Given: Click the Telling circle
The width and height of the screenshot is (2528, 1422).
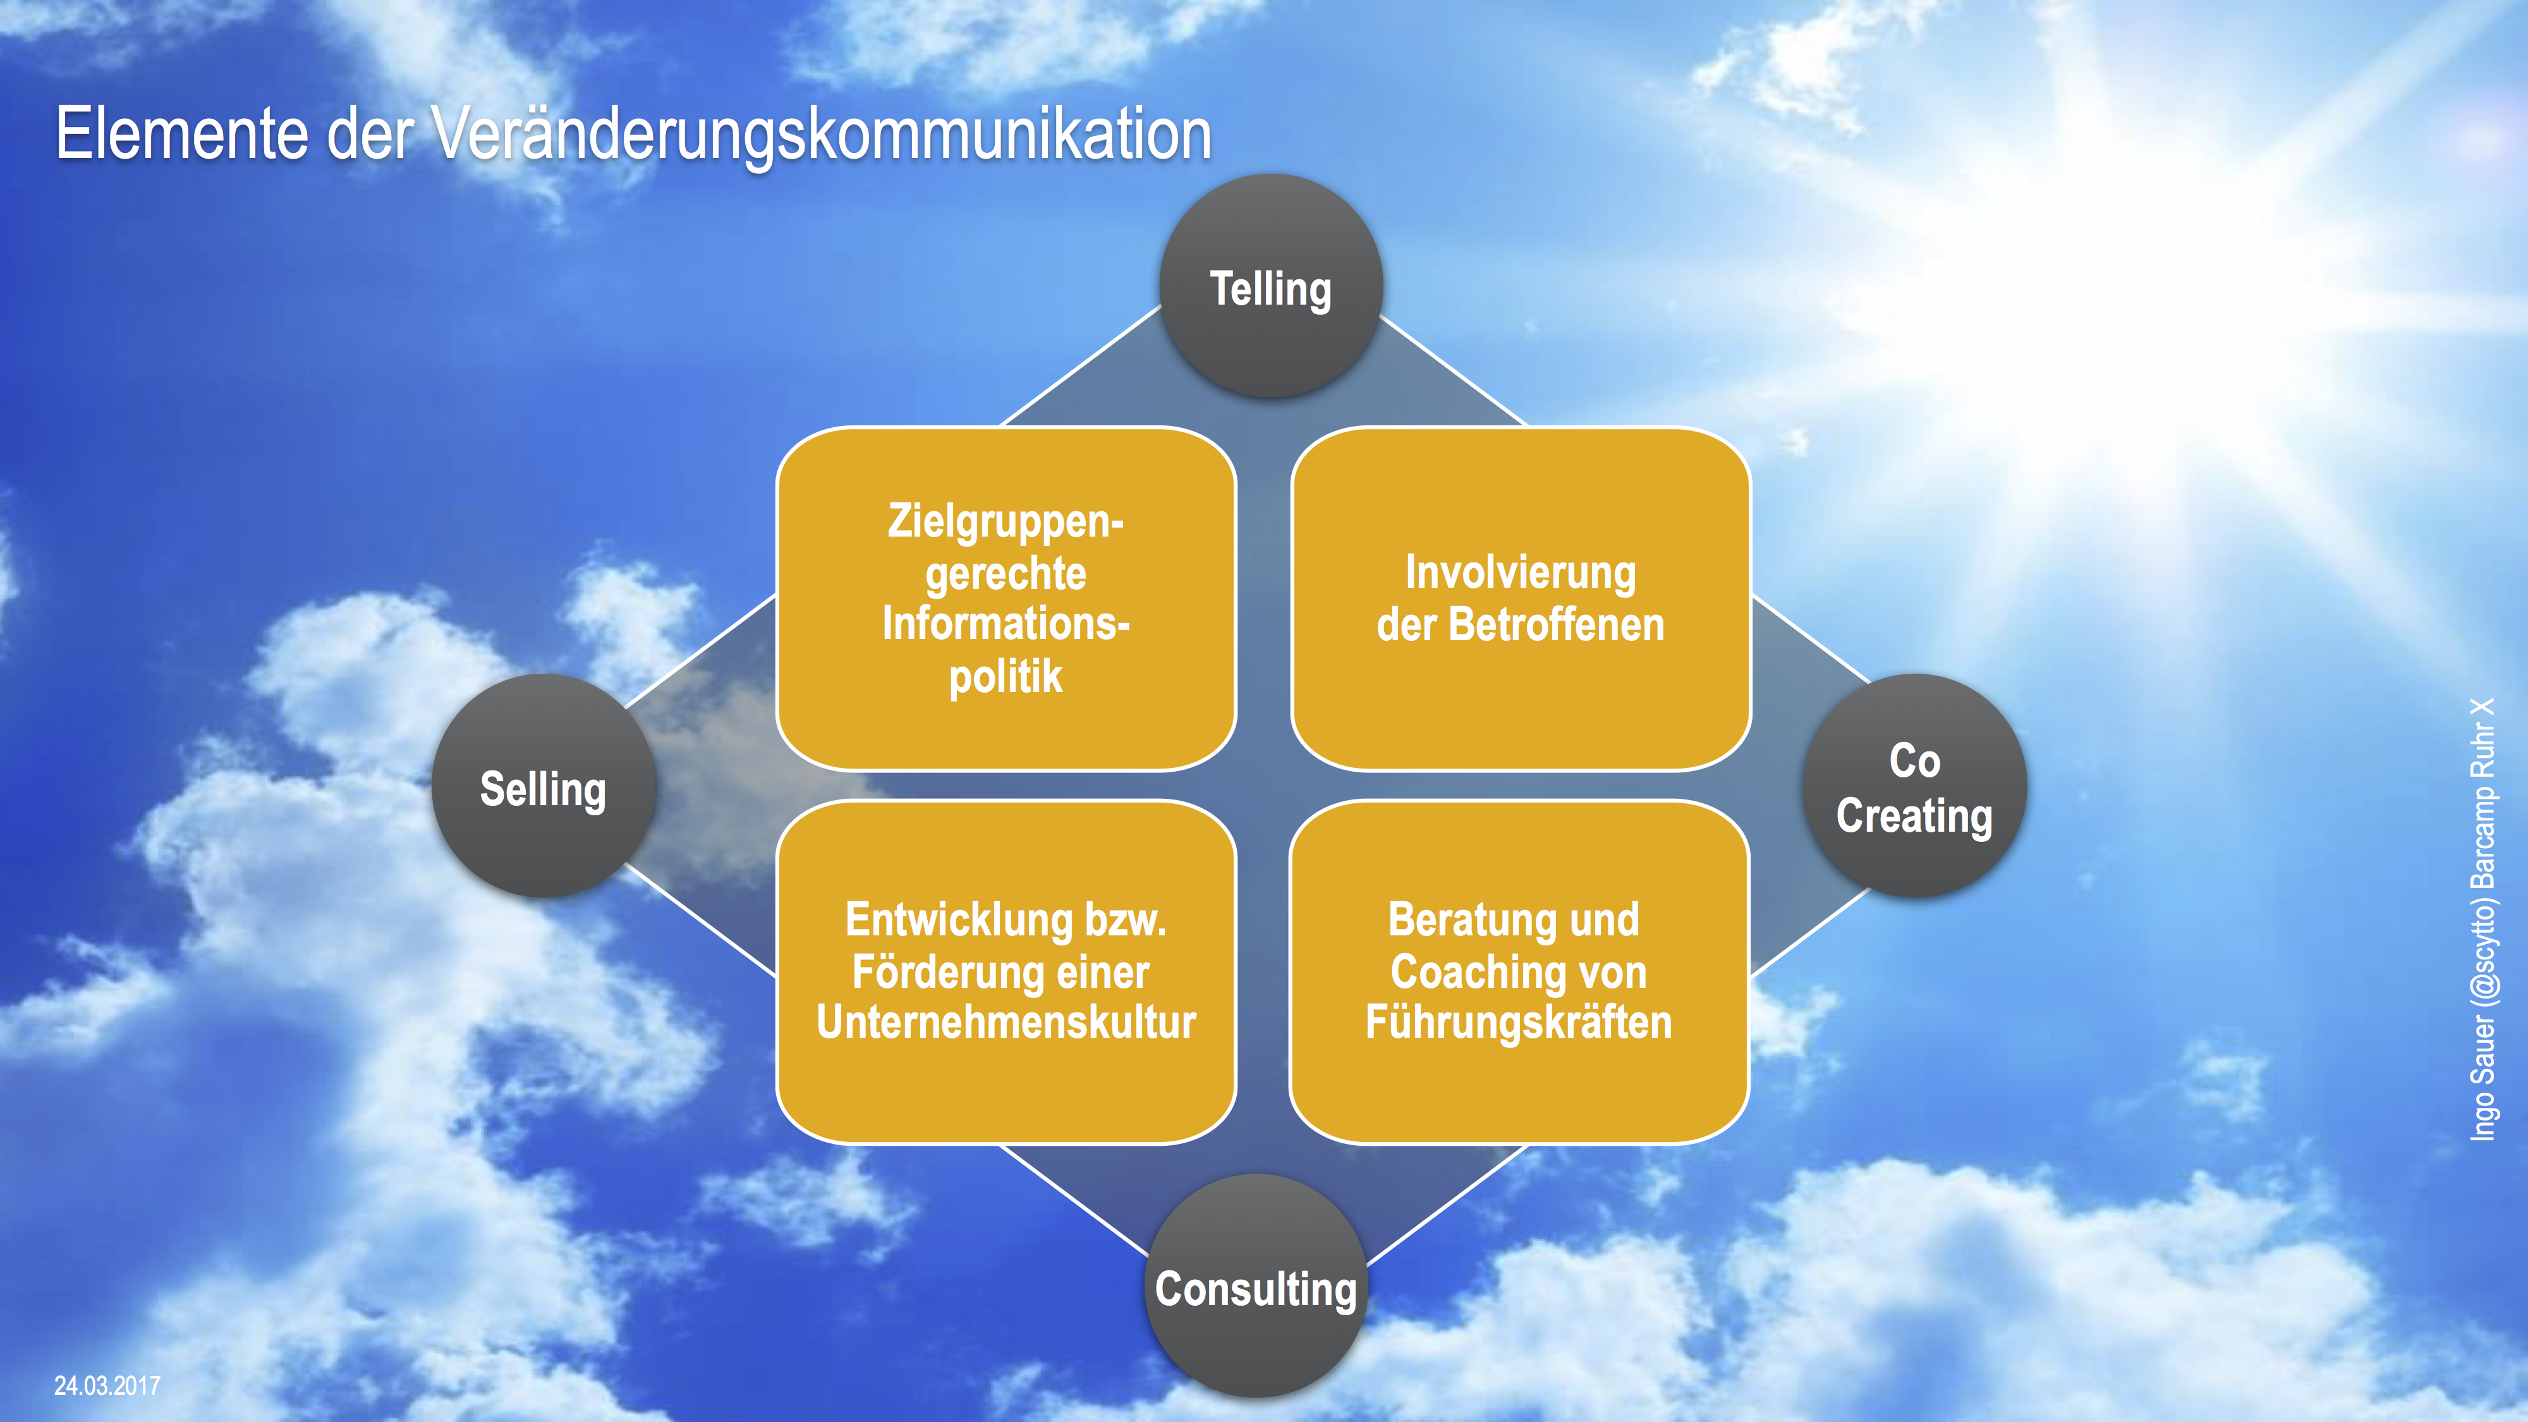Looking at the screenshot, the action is pyautogui.click(x=1271, y=286).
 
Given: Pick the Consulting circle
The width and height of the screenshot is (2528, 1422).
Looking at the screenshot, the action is pyautogui.click(x=1257, y=1285).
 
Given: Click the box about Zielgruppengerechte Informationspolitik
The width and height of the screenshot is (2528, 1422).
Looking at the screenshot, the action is pyautogui.click(x=1006, y=599).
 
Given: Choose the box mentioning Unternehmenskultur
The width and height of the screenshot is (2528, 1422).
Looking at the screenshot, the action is pyautogui.click(x=1006, y=971).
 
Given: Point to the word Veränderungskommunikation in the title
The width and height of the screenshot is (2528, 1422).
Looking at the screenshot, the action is pyautogui.click(x=822, y=135).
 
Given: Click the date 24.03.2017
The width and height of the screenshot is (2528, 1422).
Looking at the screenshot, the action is pyautogui.click(x=107, y=1386).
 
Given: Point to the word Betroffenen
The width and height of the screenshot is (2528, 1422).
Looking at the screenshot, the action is pyautogui.click(x=1557, y=625).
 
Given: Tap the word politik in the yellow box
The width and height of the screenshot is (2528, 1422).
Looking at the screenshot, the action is pyautogui.click(x=1006, y=677).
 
